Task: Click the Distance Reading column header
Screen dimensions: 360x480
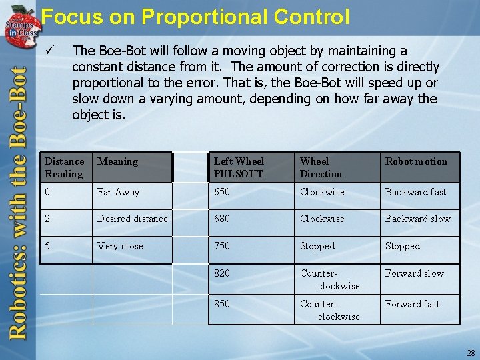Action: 65,167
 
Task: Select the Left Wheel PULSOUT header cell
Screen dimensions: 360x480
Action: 239,167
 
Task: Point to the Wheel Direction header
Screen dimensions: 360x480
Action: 321,167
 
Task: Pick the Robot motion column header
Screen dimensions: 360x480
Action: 417,161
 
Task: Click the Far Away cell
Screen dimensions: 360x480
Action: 119,192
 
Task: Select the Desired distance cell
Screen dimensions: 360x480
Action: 132,219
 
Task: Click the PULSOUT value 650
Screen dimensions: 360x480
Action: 222,192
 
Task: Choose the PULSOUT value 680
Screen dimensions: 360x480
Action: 222,219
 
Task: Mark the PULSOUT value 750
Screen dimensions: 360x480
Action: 222,246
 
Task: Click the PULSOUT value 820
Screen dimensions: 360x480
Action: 222,273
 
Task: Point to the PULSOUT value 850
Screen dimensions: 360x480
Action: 222,304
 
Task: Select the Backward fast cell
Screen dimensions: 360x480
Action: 415,192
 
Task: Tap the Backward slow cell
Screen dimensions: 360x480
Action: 417,219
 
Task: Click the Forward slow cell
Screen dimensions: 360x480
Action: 414,273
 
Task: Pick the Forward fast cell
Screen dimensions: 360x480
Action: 412,304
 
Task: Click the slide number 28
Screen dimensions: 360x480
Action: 471,353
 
